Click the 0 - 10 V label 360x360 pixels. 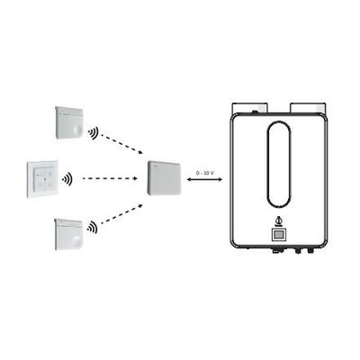click(x=204, y=173)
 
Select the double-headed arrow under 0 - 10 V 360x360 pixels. click(x=204, y=179)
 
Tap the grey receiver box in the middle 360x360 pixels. click(x=165, y=178)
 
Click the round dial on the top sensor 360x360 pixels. click(x=77, y=130)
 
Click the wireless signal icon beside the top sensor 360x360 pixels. click(x=94, y=133)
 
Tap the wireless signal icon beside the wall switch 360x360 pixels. click(x=67, y=179)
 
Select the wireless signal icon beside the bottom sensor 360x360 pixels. click(x=93, y=227)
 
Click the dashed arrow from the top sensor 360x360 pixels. click(x=121, y=144)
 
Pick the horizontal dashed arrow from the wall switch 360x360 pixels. click(x=110, y=178)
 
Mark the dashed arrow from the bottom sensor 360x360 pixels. click(x=121, y=213)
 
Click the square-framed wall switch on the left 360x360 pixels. click(x=42, y=179)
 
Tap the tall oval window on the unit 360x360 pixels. click(x=279, y=165)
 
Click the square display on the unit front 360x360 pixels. click(x=279, y=234)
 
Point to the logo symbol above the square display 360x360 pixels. click(x=279, y=221)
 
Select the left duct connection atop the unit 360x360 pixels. click(x=249, y=108)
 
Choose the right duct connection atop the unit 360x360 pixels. click(x=308, y=108)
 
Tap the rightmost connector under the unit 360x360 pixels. click(x=309, y=249)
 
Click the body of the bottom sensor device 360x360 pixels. click(x=68, y=234)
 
